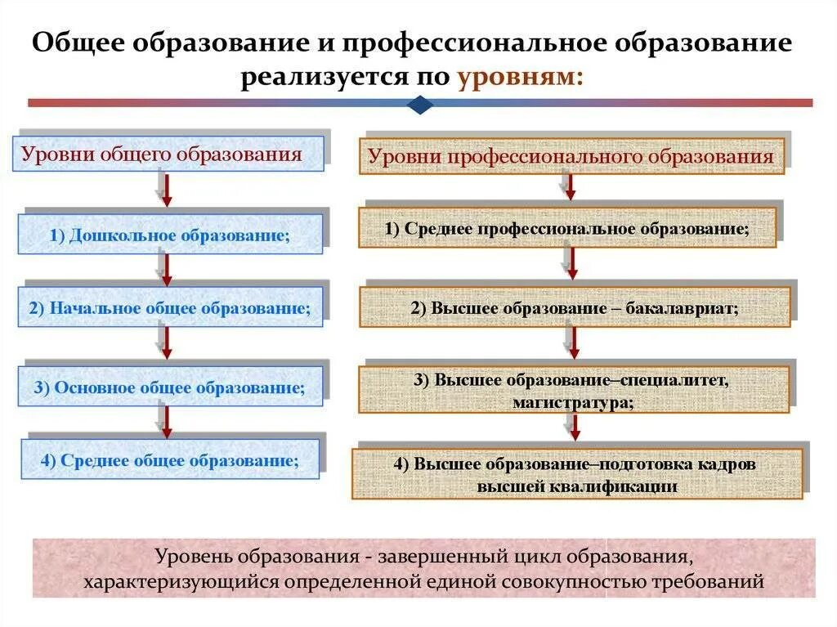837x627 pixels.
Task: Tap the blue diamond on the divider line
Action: (419, 104)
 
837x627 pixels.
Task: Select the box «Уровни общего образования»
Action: (168, 154)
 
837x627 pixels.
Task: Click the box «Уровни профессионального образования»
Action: (571, 156)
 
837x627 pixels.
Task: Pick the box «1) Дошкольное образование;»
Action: (170, 235)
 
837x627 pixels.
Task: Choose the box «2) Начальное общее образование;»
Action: (170, 308)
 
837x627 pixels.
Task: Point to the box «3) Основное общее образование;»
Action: (170, 387)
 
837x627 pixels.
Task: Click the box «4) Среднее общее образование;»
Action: (170, 459)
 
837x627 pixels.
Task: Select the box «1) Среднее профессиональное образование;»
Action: (567, 229)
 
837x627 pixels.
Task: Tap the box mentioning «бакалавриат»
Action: (575, 308)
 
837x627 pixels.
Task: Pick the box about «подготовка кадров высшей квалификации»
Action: (577, 474)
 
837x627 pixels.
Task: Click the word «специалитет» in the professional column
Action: (674, 380)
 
